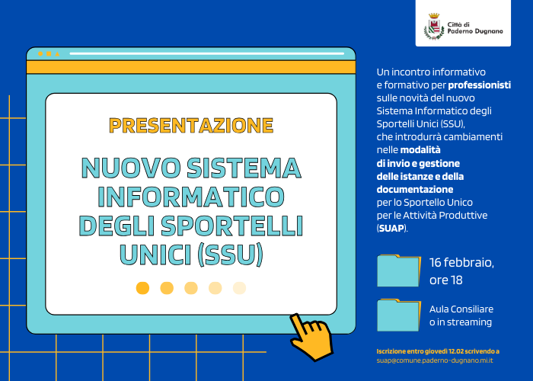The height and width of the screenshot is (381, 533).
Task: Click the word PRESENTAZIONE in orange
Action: coord(191,125)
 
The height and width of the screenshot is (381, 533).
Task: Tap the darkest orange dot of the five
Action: coord(142,287)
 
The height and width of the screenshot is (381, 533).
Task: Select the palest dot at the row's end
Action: coord(239,287)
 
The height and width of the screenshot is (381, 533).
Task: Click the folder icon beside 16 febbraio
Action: coord(398,271)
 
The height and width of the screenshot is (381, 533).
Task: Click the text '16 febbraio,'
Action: coord(461,263)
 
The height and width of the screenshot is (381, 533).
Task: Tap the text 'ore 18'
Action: coord(445,280)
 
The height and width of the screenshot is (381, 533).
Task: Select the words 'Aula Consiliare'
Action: coord(461,309)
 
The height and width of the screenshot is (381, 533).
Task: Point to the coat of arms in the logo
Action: coord(432,29)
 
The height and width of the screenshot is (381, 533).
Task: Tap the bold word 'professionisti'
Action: coord(479,85)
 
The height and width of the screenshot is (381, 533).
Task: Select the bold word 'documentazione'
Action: coord(415,189)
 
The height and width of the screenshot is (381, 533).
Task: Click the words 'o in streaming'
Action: coord(460,322)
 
